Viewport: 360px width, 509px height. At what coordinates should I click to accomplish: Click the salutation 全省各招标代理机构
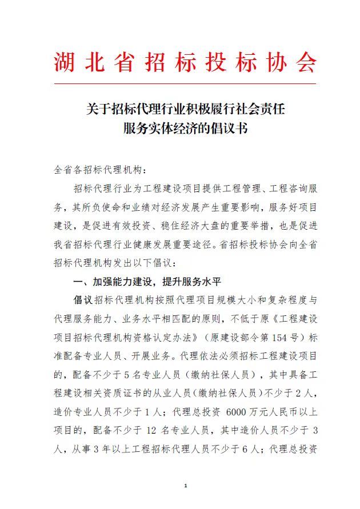(x=99, y=170)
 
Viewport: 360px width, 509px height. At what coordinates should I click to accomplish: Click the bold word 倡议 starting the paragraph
(x=84, y=300)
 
